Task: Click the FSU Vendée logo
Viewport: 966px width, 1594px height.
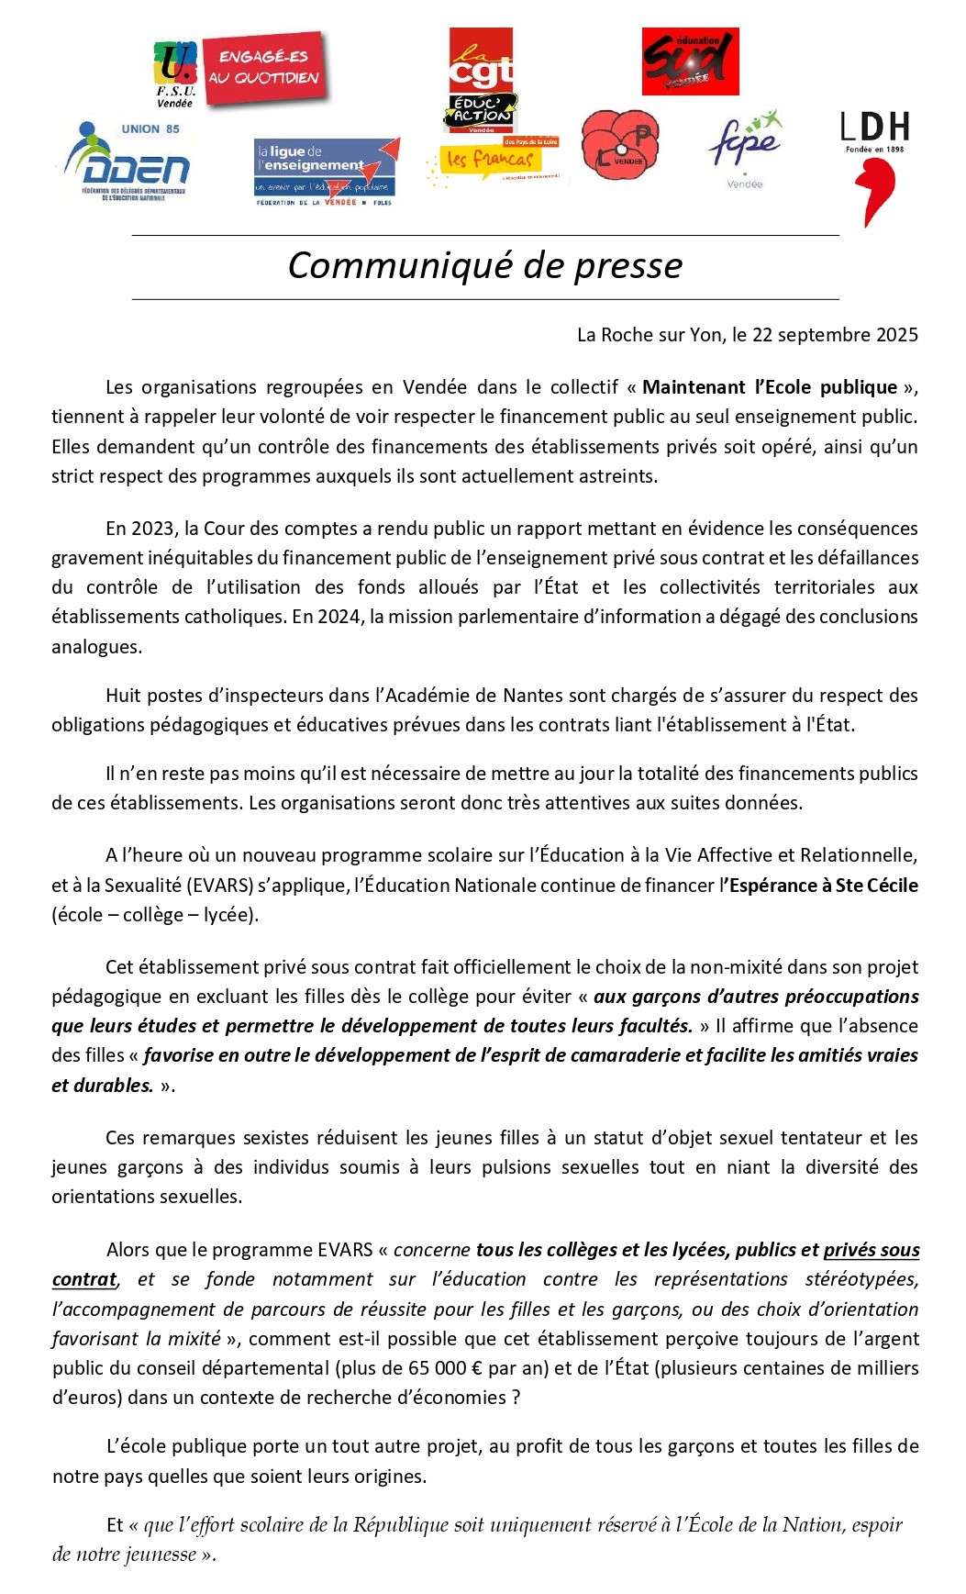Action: [174, 72]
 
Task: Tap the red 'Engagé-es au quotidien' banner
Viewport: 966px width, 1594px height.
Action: [264, 68]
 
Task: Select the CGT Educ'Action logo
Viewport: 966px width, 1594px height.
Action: [482, 80]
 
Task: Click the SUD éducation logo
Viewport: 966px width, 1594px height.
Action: [690, 61]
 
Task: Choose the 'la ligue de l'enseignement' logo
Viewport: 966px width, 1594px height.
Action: [327, 172]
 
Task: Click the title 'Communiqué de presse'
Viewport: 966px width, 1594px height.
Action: [484, 265]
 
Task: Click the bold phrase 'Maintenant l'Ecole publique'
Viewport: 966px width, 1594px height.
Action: [770, 387]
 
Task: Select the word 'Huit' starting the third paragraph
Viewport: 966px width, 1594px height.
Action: [123, 696]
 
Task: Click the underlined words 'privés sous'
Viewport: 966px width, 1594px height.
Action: [871, 1250]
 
